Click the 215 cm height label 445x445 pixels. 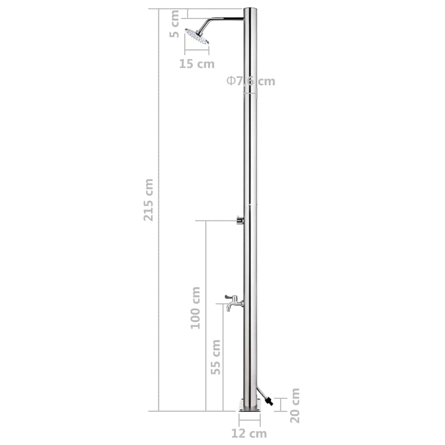149,199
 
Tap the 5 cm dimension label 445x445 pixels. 174,24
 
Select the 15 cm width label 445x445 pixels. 197,64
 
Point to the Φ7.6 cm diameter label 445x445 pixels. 251,81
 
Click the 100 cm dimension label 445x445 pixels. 196,307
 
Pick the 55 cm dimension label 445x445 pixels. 215,357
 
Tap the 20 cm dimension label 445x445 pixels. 295,405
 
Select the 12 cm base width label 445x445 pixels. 249,433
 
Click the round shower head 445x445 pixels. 197,37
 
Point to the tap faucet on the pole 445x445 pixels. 233,302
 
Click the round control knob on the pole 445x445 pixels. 239,221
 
